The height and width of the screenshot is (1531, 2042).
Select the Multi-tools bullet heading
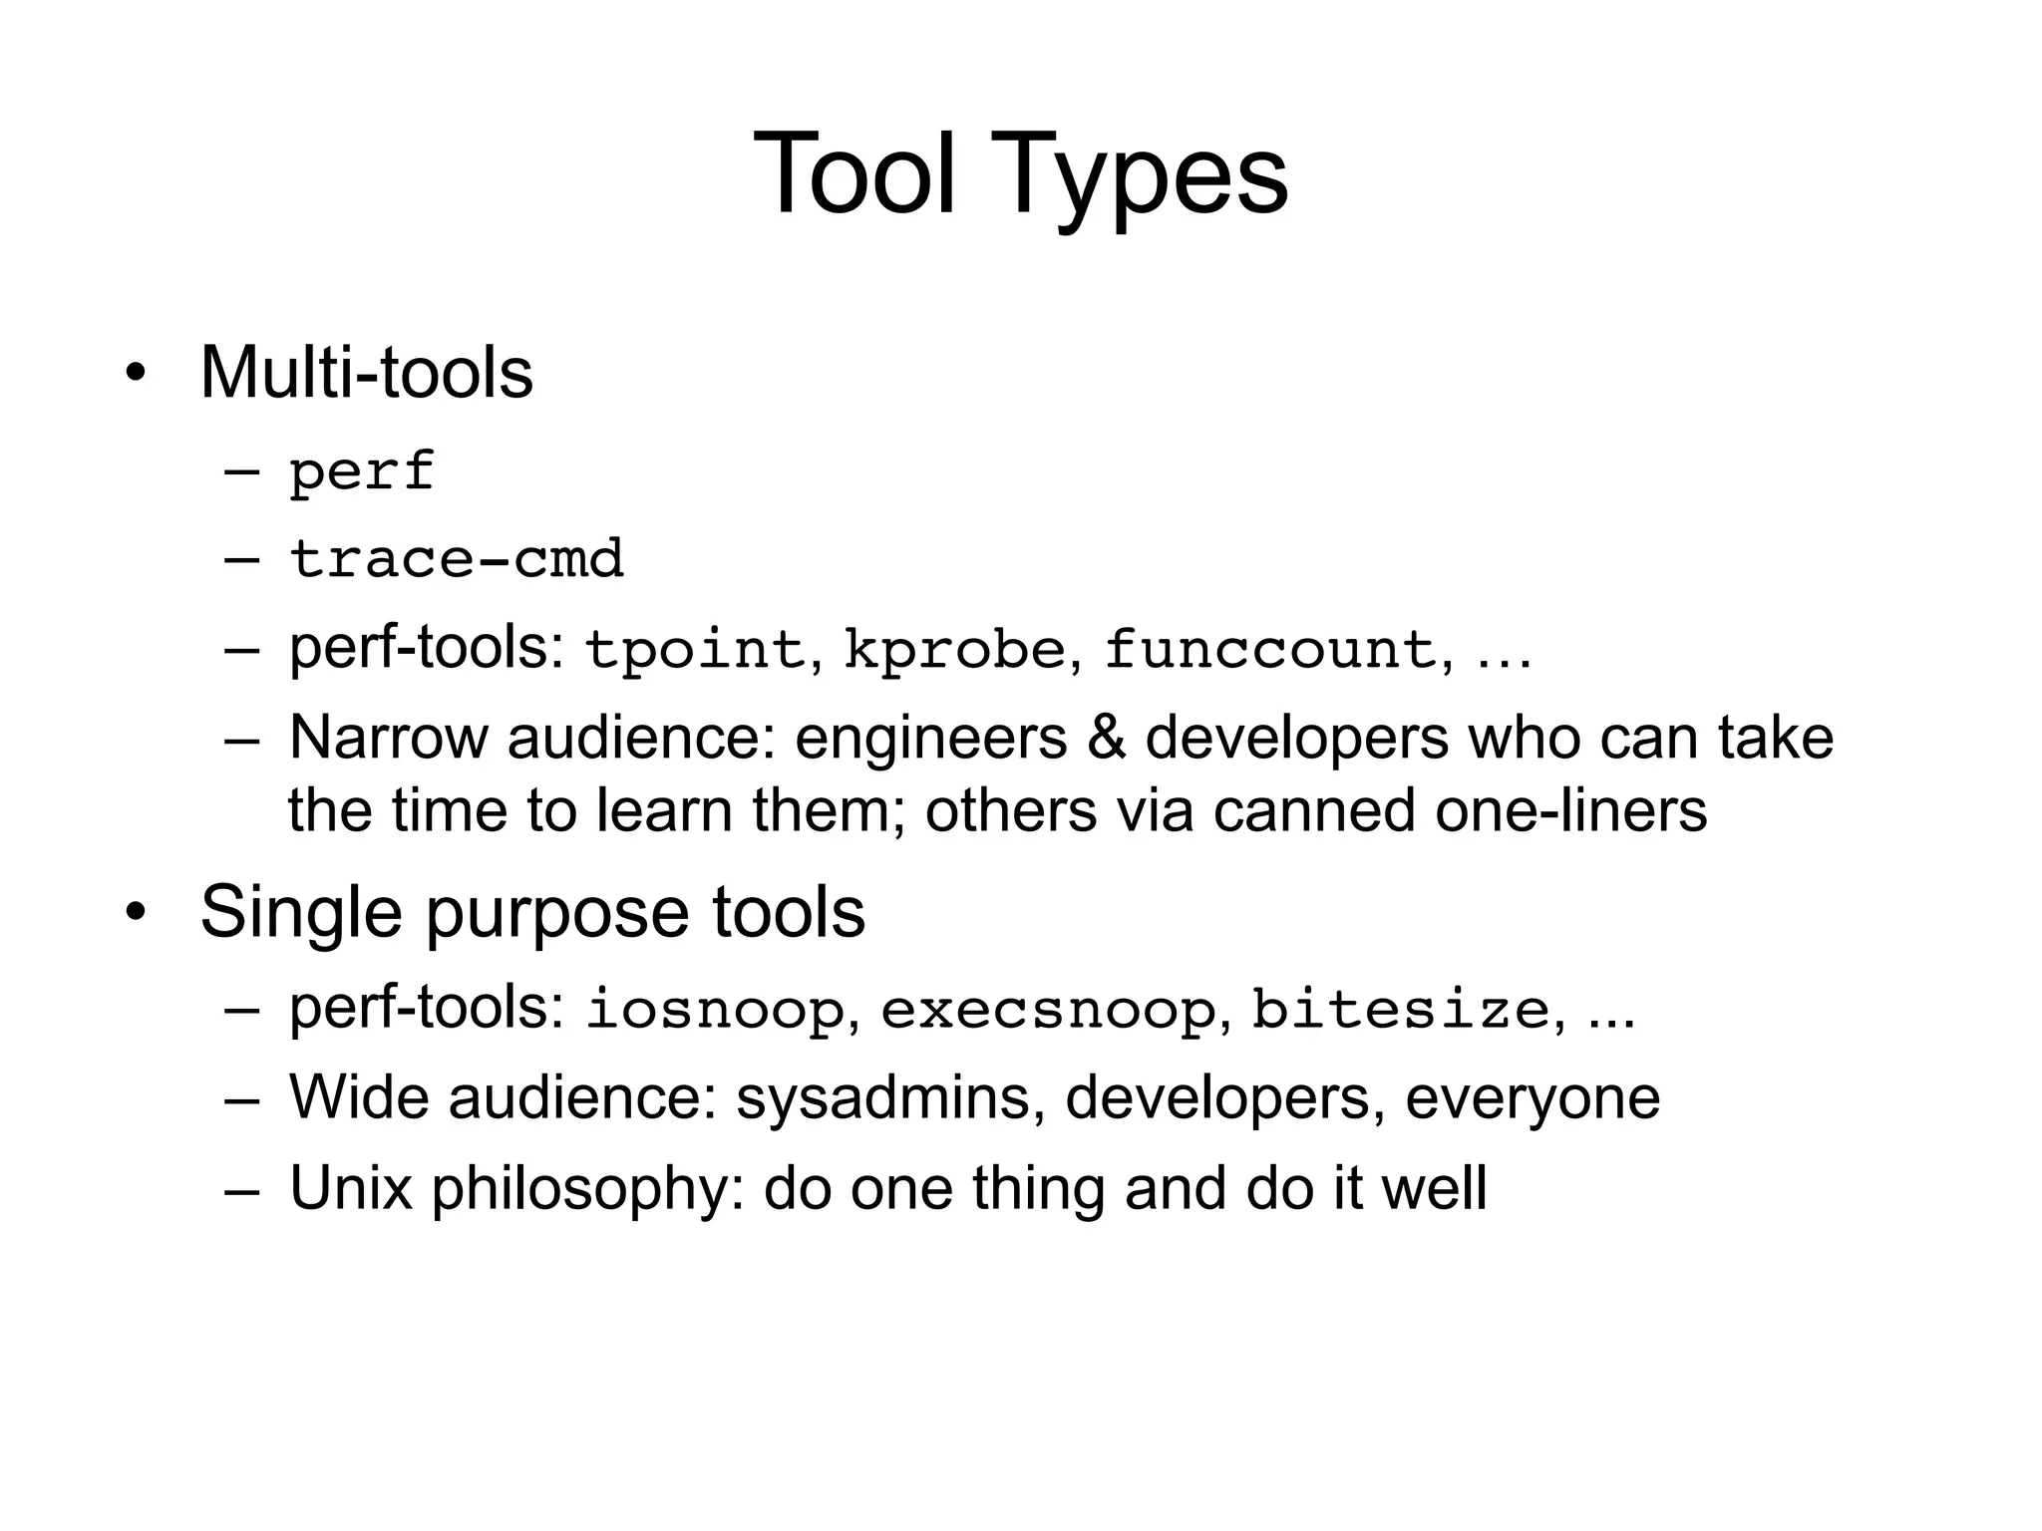[x=366, y=372]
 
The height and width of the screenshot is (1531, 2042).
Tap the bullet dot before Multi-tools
[x=136, y=375]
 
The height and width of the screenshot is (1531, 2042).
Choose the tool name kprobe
[x=955, y=650]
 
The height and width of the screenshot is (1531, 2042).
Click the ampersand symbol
[x=1106, y=738]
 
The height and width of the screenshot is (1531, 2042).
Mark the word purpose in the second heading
[x=555, y=912]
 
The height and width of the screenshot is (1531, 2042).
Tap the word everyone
[x=1532, y=1098]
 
